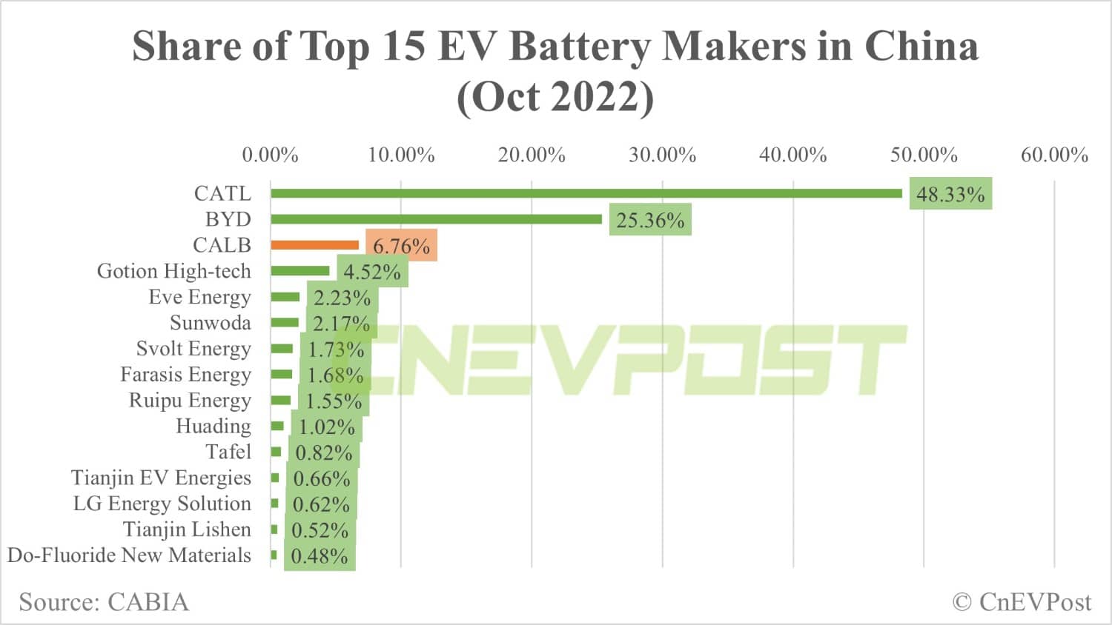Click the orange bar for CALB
pyautogui.click(x=314, y=245)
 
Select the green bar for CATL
pyautogui.click(x=586, y=193)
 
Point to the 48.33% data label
pyautogui.click(x=950, y=195)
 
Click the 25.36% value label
pyautogui.click(x=650, y=221)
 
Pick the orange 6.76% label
pyautogui.click(x=401, y=246)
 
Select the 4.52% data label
pyautogui.click(x=371, y=272)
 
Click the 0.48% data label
pyautogui.click(x=320, y=556)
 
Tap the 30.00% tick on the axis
pyautogui.click(x=662, y=155)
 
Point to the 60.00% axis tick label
pyautogui.click(x=1054, y=155)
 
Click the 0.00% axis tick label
pyautogui.click(x=270, y=155)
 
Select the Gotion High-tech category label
pyautogui.click(x=173, y=271)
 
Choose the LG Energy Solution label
pyautogui.click(x=162, y=504)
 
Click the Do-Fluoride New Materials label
pyautogui.click(x=129, y=555)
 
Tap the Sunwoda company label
pyautogui.click(x=210, y=323)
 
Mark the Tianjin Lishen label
pyautogui.click(x=187, y=529)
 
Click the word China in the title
pyautogui.click(x=921, y=46)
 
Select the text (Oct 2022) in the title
pyautogui.click(x=555, y=97)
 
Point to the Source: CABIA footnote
pyautogui.click(x=104, y=602)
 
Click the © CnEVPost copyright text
pyautogui.click(x=1022, y=602)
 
